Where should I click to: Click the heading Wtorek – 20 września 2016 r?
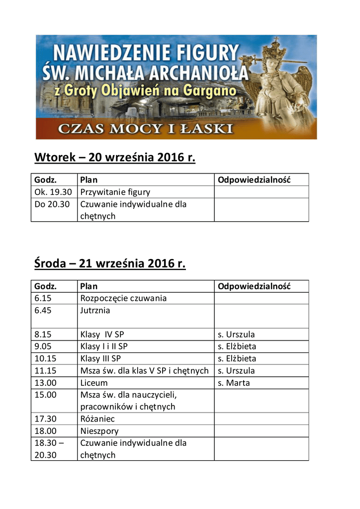coord(115,158)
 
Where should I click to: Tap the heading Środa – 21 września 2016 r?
coord(110,263)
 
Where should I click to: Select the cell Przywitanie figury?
coord(115,192)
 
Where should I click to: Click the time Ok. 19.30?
coord(53,192)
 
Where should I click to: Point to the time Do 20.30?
coord(52,204)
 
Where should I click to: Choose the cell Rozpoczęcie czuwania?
coord(123,298)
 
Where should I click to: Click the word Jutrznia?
coord(95,310)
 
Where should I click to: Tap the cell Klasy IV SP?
coord(102,335)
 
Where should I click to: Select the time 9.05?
coord(43,346)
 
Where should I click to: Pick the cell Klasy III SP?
coord(100,358)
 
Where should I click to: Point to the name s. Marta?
coord(234,383)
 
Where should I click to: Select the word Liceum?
coord(94,383)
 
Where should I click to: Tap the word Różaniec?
coord(97,419)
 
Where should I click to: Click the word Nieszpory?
coord(99,431)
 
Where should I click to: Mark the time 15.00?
coord(45,395)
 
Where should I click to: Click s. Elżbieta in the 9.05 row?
coord(237,346)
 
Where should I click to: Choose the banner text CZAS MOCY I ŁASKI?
coord(145,129)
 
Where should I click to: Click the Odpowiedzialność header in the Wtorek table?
coord(254,179)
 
